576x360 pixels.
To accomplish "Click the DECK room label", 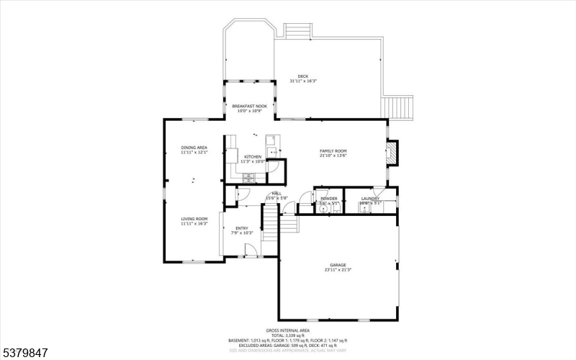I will tap(303, 76).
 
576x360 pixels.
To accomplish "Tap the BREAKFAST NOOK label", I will tap(249, 107).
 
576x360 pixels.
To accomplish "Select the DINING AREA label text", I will tap(194, 148).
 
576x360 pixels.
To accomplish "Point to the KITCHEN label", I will tap(253, 156).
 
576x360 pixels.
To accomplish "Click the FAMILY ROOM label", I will tap(333, 150).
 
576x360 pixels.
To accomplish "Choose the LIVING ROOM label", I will tap(194, 219).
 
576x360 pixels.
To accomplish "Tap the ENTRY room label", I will tap(242, 228).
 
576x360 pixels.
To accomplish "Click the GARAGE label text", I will tap(338, 264).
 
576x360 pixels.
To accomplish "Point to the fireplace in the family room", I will tap(391, 152).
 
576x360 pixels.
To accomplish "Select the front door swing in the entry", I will tap(251, 250).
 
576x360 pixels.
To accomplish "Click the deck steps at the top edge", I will tap(297, 30).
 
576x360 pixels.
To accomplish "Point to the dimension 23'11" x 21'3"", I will tap(338, 269).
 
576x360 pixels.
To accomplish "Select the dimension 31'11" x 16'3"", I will tap(303, 81).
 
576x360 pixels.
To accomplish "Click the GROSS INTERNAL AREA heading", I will tap(288, 331).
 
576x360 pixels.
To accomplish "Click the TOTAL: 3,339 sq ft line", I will tap(288, 336).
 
